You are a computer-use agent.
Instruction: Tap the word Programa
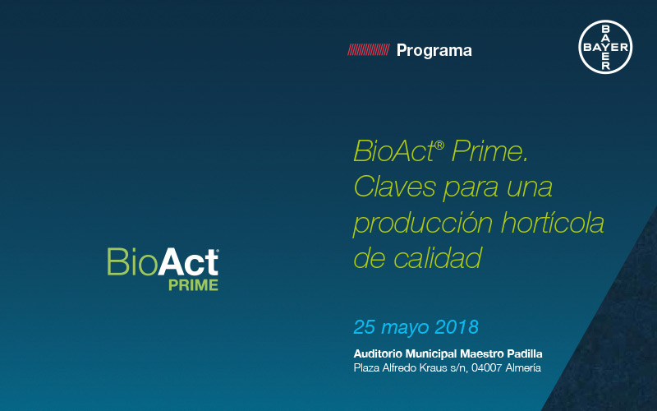(x=434, y=50)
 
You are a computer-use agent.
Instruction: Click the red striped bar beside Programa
(x=368, y=50)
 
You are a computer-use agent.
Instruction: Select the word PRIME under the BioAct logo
(x=193, y=285)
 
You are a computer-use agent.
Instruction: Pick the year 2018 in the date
(x=452, y=326)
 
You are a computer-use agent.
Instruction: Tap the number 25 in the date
(x=365, y=326)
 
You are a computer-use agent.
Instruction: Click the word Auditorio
(x=379, y=353)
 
